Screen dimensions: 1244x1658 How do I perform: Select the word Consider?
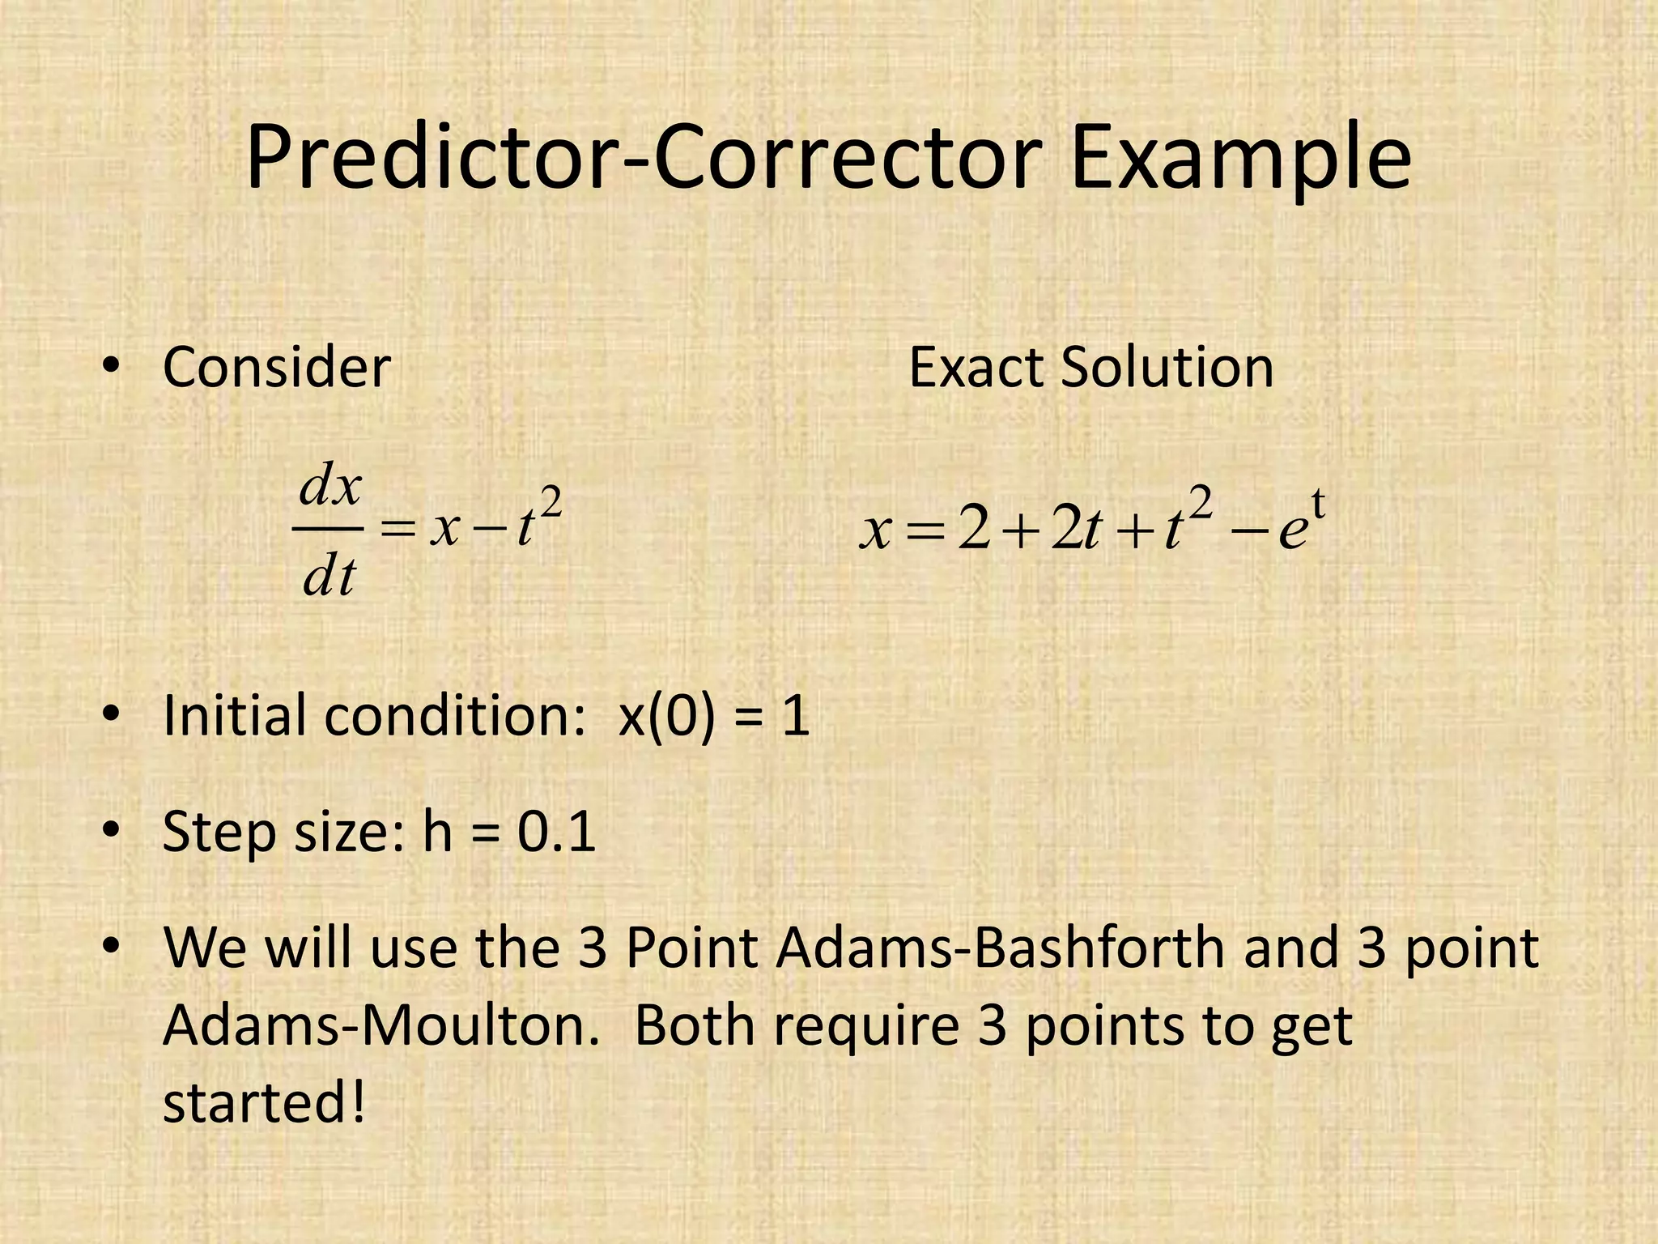[x=277, y=368]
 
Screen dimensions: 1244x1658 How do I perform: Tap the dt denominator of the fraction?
[x=329, y=577]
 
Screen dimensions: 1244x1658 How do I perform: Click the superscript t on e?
[x=1317, y=505]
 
